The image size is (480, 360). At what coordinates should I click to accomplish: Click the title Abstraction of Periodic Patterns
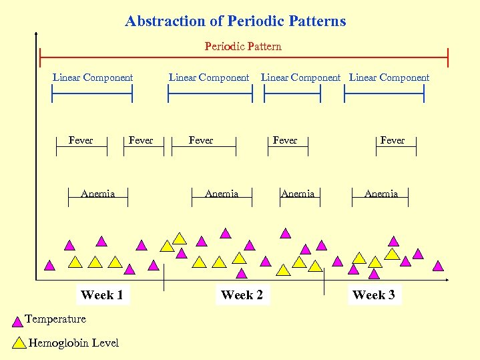tap(236, 21)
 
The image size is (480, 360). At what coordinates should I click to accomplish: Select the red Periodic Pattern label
tap(243, 47)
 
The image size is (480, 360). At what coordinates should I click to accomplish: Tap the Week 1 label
tap(102, 295)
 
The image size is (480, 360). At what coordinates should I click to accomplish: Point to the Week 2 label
tap(242, 295)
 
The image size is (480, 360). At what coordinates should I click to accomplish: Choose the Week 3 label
tap(373, 295)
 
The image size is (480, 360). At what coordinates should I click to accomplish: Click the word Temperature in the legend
tap(55, 319)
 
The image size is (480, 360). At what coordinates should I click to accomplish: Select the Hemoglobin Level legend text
tap(73, 343)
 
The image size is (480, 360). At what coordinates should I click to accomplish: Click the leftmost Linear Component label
tap(93, 77)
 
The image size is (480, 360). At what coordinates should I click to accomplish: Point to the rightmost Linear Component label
tap(389, 77)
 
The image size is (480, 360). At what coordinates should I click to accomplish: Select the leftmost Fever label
tap(81, 140)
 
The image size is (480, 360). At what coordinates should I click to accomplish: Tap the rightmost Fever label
tap(393, 140)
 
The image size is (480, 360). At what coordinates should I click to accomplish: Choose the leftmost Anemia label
tap(98, 194)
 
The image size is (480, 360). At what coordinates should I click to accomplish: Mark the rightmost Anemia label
tap(381, 194)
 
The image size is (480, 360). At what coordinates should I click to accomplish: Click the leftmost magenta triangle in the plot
tap(49, 266)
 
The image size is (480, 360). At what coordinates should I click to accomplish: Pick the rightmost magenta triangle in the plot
tap(438, 266)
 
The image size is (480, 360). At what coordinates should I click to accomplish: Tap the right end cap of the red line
tap(447, 57)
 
